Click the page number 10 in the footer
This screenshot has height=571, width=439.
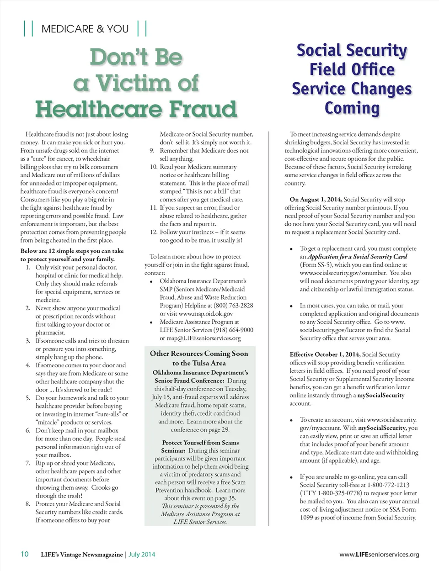click(x=25, y=554)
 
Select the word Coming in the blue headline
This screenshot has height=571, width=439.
click(x=352, y=108)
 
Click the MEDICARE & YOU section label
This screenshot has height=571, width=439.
click(x=85, y=29)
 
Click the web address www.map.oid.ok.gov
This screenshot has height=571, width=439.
click(x=206, y=314)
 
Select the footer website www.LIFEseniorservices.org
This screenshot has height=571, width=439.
click(x=379, y=555)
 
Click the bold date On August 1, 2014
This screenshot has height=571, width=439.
click(x=316, y=200)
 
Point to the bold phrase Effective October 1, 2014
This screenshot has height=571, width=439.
click(x=325, y=354)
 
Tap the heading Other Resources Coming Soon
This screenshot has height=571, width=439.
click(x=199, y=354)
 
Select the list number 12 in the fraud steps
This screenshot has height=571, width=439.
click(x=154, y=232)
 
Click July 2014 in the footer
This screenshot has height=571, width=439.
click(x=142, y=555)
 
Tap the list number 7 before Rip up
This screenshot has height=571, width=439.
click(x=28, y=463)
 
